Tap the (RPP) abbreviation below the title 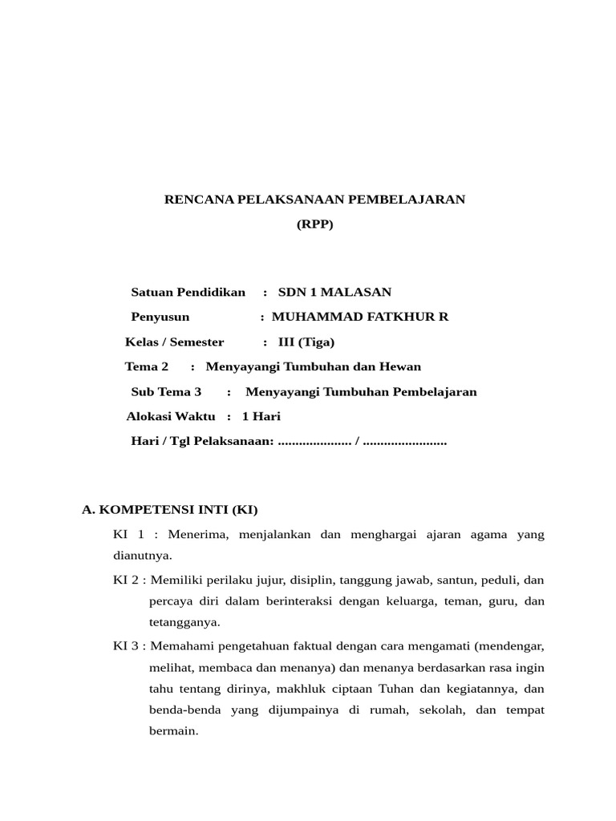click(x=314, y=224)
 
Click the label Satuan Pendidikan click(x=188, y=292)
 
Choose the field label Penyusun click(x=160, y=317)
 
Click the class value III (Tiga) click(x=306, y=342)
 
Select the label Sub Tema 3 click(x=166, y=391)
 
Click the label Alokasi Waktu click(x=171, y=416)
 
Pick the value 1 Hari click(x=261, y=416)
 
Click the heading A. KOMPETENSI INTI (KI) click(x=171, y=510)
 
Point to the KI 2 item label click(x=127, y=579)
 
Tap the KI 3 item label click(x=127, y=645)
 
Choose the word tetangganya click(x=184, y=622)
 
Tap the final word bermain click(x=173, y=732)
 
